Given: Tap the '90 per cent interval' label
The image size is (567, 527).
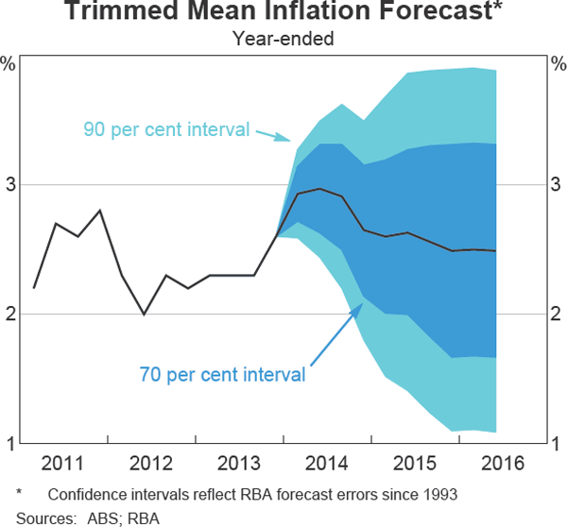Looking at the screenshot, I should click(x=166, y=128).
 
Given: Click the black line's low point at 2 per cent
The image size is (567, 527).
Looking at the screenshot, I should click(x=144, y=314).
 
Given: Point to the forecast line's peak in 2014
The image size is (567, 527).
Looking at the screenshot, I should click(x=320, y=189).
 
